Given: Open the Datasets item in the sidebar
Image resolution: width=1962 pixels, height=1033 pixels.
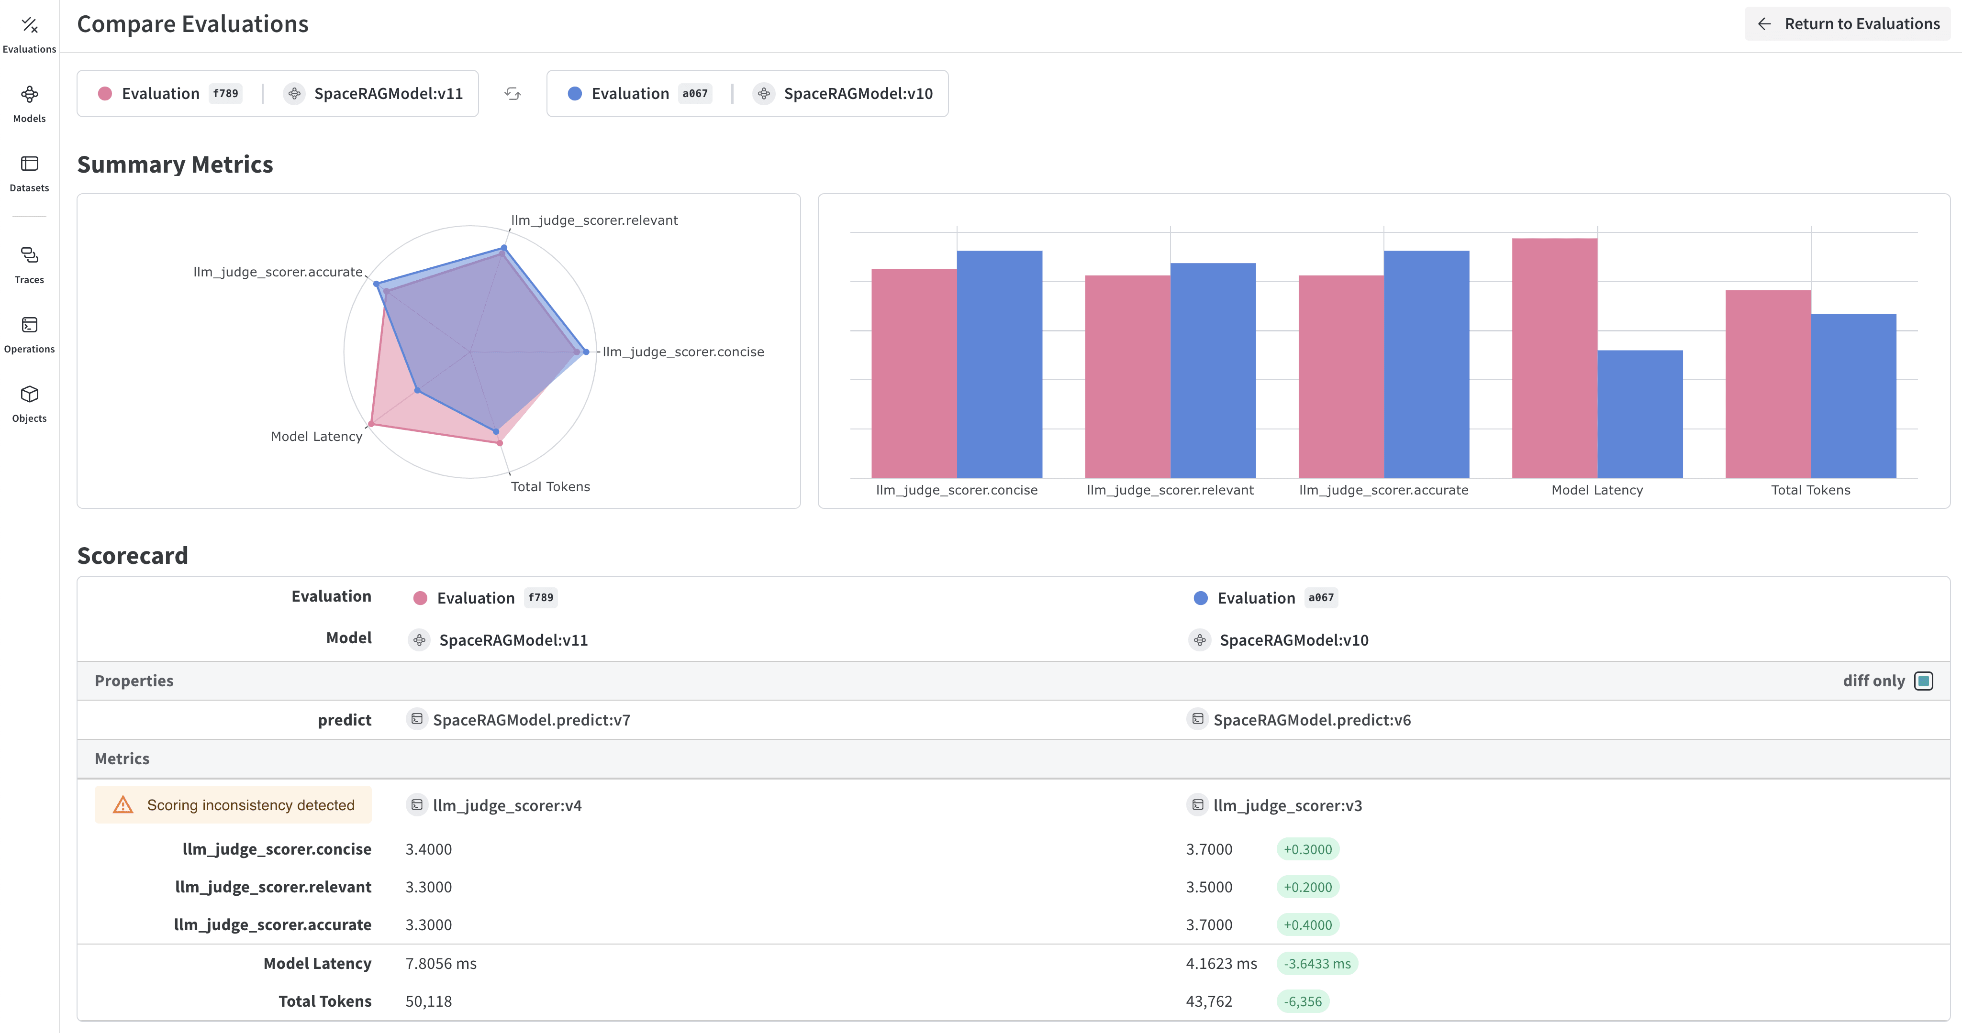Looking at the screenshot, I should (x=29, y=173).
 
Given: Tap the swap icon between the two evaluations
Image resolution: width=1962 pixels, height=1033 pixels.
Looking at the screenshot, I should (x=513, y=94).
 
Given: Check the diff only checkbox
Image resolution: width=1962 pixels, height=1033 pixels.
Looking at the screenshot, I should (x=1923, y=681).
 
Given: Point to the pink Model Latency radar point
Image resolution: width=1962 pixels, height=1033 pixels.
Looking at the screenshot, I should (x=371, y=424).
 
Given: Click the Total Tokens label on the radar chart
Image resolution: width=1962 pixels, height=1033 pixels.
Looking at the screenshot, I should (x=550, y=486).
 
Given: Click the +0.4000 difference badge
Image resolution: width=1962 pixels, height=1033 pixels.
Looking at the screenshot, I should (x=1307, y=925).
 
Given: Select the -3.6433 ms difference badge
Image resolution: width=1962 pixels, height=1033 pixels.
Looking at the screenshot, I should (x=1317, y=964).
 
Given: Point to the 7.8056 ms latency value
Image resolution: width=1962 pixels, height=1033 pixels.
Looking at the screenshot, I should (x=440, y=964).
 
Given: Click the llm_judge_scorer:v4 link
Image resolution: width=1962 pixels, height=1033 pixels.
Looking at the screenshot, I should (x=506, y=805).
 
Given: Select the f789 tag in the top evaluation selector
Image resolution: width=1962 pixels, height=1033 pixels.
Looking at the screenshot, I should (x=225, y=94).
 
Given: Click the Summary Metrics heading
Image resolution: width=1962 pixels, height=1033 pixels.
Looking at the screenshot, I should (x=175, y=165).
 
